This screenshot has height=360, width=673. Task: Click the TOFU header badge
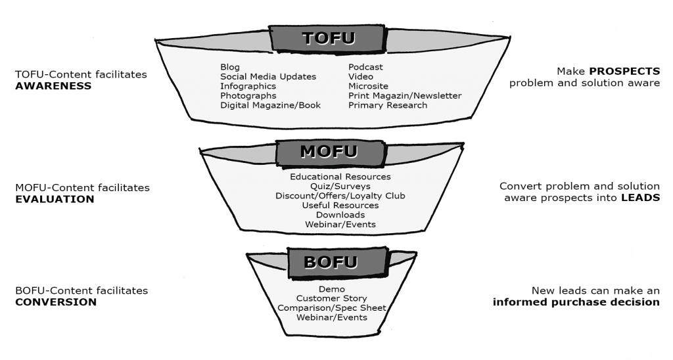(329, 38)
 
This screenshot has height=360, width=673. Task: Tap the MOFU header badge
(329, 152)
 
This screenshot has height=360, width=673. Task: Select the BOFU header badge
(331, 263)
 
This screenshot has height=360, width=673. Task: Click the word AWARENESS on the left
(53, 86)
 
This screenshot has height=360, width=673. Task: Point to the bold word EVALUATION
(55, 199)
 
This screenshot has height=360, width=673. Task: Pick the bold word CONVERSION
(56, 302)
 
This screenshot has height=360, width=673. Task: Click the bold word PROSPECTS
(624, 71)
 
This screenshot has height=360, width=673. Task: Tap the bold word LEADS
(640, 197)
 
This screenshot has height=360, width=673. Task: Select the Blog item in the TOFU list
(230, 67)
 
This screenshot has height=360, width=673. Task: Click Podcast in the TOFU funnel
(365, 67)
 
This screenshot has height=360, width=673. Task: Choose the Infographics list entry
(248, 86)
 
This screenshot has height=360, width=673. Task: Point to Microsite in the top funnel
(368, 86)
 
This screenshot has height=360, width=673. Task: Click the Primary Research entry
(388, 105)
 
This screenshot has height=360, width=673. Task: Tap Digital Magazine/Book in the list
(270, 105)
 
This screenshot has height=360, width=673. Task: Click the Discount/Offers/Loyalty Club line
(340, 196)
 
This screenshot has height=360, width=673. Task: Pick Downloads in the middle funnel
(340, 215)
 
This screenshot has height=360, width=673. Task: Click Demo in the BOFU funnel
(332, 289)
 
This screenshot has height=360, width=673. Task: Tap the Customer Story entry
(332, 299)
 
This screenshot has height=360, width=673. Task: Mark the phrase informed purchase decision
(576, 302)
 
